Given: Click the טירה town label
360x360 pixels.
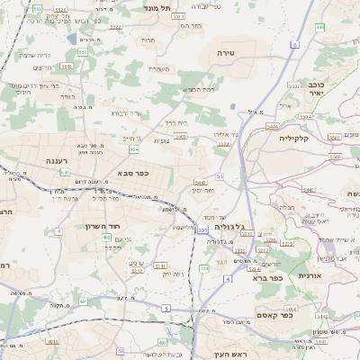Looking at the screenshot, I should click(x=225, y=54).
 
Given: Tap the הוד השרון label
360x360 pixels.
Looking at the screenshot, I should click(x=102, y=226).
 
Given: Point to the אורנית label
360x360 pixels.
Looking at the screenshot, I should click(x=309, y=274).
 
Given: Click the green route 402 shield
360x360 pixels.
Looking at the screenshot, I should click(x=106, y=238).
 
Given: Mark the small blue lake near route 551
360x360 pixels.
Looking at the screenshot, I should click(x=70, y=40).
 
